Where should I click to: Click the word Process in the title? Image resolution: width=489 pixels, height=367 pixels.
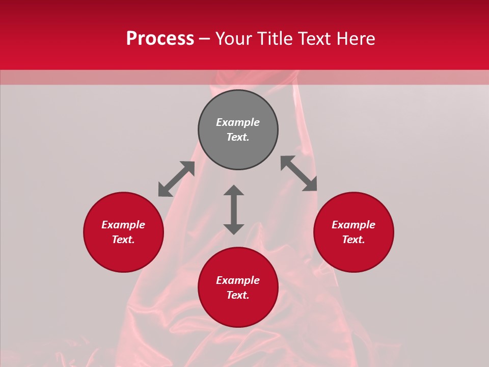[x=160, y=39]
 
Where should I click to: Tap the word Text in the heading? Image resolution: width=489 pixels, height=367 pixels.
[x=316, y=39]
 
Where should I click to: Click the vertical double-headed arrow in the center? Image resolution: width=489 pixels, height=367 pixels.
[x=234, y=209]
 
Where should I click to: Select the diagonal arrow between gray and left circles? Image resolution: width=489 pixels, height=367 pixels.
[x=176, y=179]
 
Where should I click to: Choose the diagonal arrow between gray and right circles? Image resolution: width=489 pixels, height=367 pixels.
[x=298, y=173]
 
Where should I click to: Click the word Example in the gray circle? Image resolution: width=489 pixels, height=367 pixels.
[x=238, y=122]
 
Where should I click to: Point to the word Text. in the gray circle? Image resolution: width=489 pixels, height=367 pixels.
[x=238, y=137]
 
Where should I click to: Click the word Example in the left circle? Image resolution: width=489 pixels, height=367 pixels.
[x=123, y=225]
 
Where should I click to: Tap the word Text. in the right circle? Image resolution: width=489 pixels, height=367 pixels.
[x=354, y=240]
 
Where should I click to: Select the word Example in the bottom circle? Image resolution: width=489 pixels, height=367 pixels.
[x=238, y=280]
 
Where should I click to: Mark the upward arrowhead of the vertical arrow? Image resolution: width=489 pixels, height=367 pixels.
[x=234, y=191]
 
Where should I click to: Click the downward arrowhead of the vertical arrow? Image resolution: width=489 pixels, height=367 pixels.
[x=234, y=229]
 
